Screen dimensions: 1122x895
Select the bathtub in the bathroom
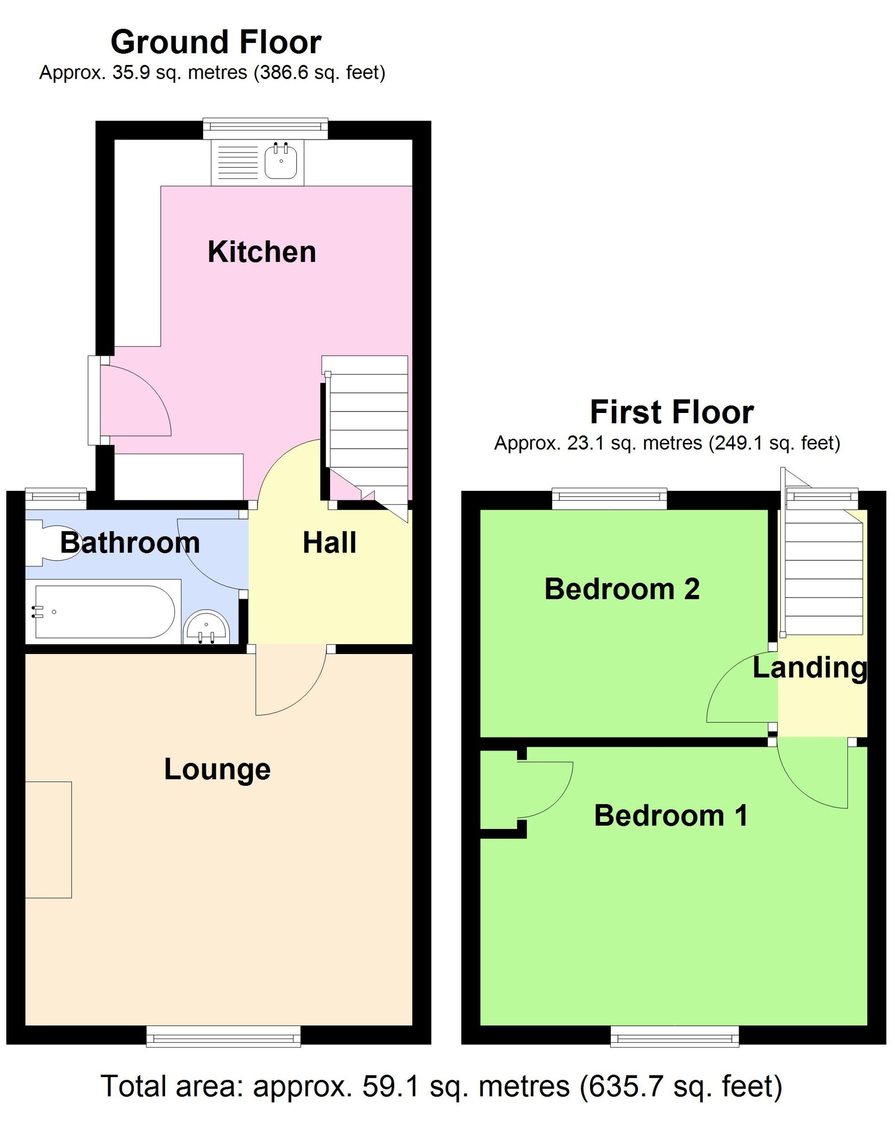[104, 611]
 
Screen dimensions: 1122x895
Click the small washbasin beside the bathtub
[206, 627]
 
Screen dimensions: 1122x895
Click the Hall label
[329, 543]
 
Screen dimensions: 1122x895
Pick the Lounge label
[217, 769]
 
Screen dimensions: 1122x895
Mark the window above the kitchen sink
[265, 128]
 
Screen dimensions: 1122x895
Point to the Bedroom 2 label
[622, 589]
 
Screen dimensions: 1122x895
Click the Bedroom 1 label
[670, 816]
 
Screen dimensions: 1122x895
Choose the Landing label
[809, 668]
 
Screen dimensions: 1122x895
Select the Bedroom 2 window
[609, 499]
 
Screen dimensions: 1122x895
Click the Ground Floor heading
[216, 42]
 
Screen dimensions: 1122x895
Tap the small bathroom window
[55, 498]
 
